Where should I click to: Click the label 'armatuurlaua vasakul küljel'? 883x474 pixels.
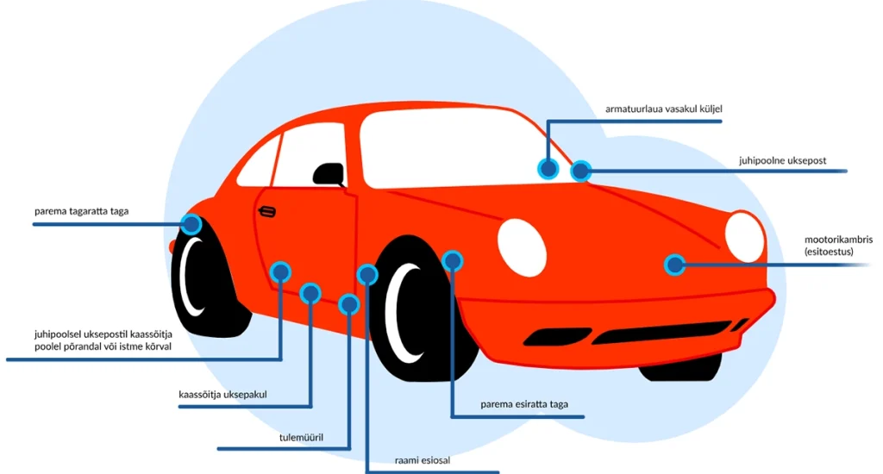663,109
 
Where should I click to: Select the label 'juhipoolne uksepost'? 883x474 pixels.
782,160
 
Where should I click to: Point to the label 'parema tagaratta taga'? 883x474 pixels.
81,211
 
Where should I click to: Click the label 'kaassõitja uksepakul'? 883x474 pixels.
222,395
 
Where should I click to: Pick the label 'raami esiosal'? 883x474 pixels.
423,460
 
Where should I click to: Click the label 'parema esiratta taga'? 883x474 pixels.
524,403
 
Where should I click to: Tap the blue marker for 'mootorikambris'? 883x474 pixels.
674,265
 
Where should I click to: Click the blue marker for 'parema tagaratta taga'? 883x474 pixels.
191,224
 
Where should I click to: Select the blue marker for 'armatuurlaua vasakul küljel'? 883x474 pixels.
547,168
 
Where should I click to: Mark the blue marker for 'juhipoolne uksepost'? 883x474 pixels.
581,171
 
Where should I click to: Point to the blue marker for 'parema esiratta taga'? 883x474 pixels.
452,259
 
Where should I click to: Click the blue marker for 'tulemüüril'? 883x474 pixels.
348,303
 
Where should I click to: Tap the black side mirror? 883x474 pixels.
328,174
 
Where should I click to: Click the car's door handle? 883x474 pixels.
267,211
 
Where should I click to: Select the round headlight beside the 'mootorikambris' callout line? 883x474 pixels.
744,237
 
